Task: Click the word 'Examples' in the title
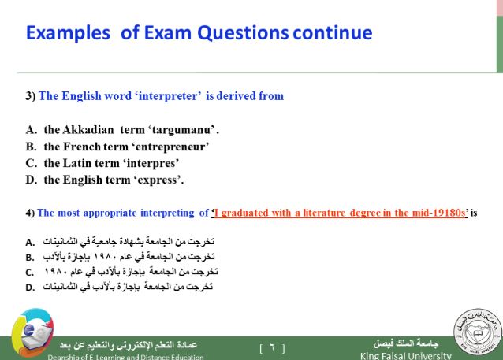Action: pyautogui.click(x=68, y=33)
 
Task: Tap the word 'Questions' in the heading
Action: pyautogui.click(x=243, y=33)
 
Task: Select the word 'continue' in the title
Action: pyautogui.click(x=333, y=33)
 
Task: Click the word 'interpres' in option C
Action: pyautogui.click(x=151, y=164)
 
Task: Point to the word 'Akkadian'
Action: pyautogui.click(x=88, y=129)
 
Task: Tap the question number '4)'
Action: pyautogui.click(x=30, y=213)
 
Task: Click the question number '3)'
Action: pyautogui.click(x=31, y=96)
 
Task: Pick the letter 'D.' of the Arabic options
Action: pyautogui.click(x=30, y=288)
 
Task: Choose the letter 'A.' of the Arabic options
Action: pyautogui.click(x=30, y=243)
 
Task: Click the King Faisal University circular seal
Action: pyautogui.click(x=477, y=332)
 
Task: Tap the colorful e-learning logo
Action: pyautogui.click(x=32, y=332)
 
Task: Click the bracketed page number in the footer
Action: pyautogui.click(x=272, y=348)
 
